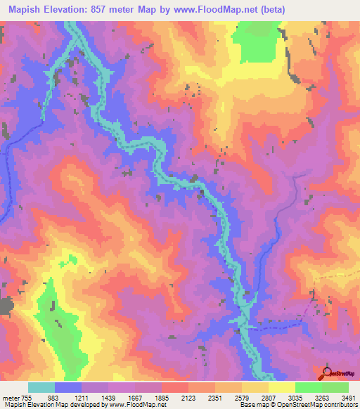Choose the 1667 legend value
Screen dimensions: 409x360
(x=135, y=398)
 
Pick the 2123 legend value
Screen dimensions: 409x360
(x=188, y=398)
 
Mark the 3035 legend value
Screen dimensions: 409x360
(x=295, y=398)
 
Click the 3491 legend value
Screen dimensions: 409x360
(x=348, y=398)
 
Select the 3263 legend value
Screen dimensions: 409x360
(x=322, y=398)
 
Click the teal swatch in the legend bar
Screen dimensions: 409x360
(x=41, y=387)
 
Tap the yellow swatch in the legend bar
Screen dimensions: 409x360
(x=281, y=387)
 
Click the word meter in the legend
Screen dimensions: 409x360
(x=9, y=398)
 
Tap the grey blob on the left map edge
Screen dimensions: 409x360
(x=6, y=306)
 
